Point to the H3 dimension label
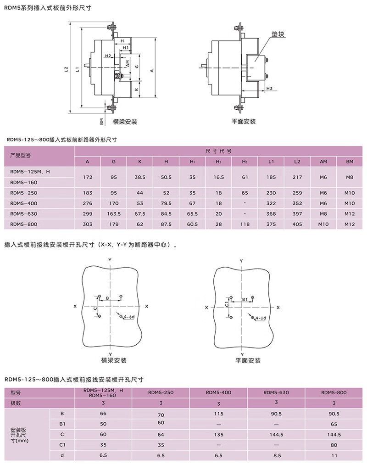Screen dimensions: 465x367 269,88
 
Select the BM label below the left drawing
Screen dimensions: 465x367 101,121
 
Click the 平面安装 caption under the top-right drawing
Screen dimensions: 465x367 244,122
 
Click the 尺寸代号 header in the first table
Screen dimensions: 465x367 218,151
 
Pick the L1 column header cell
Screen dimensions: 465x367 271,162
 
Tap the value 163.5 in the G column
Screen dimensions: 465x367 114,213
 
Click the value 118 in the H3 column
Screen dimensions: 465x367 245,224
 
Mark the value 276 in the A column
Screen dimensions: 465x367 88,203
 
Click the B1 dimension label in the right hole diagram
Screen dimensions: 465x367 245,299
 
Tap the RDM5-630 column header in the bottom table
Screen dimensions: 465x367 276,392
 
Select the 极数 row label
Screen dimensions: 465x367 16,403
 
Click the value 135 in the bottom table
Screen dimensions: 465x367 218,434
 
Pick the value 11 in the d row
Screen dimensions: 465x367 334,455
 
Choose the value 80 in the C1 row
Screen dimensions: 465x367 334,445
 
